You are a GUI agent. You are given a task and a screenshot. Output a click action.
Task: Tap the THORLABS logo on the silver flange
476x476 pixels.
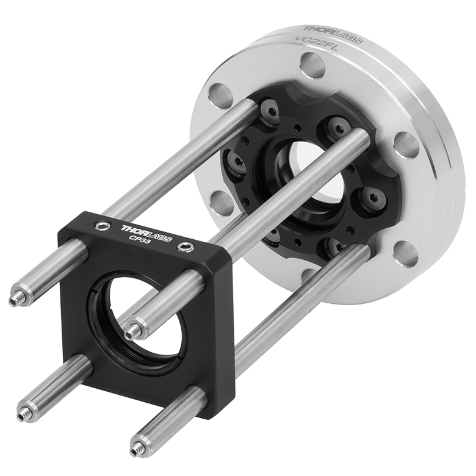tap(333, 33)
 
